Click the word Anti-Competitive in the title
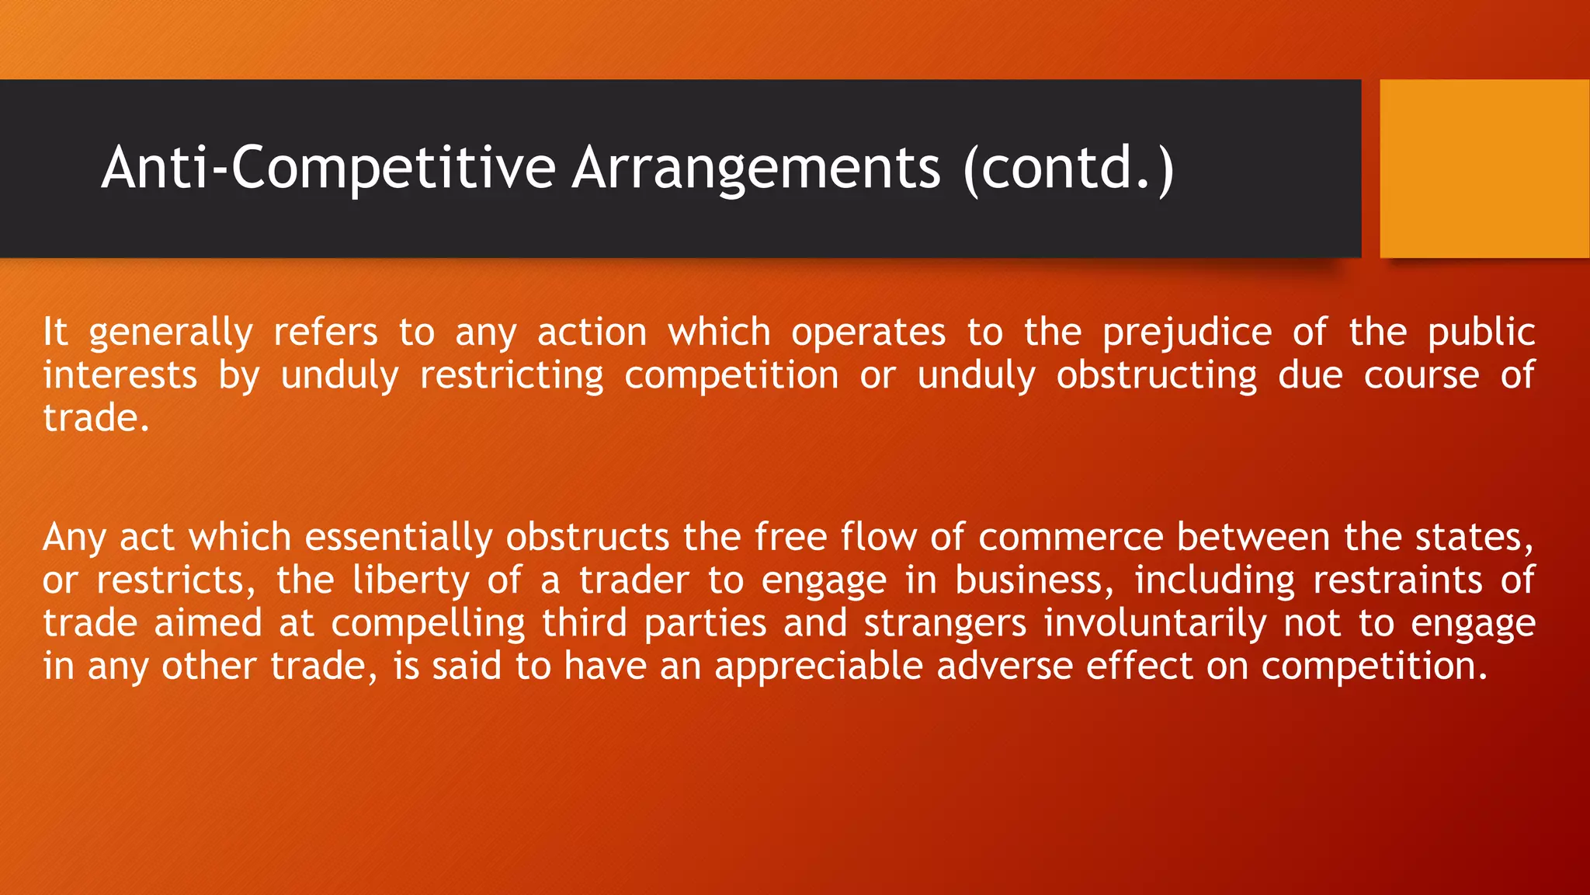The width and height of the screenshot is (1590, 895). (x=328, y=168)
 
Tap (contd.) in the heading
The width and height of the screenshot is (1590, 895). (x=1068, y=168)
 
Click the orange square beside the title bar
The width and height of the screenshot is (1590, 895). (x=1484, y=169)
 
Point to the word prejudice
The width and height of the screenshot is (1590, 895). (x=1186, y=333)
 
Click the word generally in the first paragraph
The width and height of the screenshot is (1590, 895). (x=171, y=333)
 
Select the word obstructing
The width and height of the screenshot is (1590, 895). (x=1157, y=375)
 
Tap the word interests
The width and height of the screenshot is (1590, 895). (x=120, y=375)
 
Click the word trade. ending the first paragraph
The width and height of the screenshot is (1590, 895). (x=95, y=418)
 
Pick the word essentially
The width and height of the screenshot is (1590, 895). (x=398, y=538)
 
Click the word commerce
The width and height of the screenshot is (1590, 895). (x=1071, y=538)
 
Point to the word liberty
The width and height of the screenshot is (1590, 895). (x=411, y=580)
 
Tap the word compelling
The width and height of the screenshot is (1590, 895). (x=429, y=623)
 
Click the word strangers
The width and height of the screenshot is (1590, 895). (x=946, y=623)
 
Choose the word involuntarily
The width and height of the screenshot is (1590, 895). (x=1155, y=623)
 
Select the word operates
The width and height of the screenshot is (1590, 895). (x=868, y=333)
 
